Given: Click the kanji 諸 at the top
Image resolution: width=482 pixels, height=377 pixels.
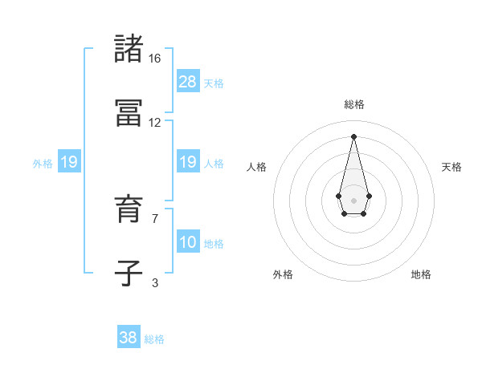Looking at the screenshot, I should pyautogui.click(x=129, y=49).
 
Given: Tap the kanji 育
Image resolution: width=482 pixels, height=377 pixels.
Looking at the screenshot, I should pyautogui.click(x=129, y=209).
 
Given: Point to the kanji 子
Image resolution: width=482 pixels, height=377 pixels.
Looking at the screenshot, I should pyautogui.click(x=129, y=273).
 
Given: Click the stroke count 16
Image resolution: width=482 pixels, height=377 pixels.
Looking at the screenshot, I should pyautogui.click(x=155, y=59).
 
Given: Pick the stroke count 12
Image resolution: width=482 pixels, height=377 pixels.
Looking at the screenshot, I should pyautogui.click(x=155, y=123).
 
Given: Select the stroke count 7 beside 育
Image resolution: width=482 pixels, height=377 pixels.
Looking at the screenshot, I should pyautogui.click(x=155, y=218).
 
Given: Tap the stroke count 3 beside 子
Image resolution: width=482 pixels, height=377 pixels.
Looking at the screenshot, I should pyautogui.click(x=155, y=282).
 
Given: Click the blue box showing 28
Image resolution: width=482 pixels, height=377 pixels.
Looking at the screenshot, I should pyautogui.click(x=188, y=82).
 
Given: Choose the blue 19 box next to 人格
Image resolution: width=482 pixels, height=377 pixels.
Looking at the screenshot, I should pyautogui.click(x=188, y=162).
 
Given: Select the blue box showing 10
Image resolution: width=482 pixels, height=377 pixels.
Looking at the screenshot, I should pyautogui.click(x=188, y=242).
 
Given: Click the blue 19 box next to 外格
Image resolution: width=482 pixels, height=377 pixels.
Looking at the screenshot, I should pyautogui.click(x=69, y=162).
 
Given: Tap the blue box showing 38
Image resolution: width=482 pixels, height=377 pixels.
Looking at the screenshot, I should pyautogui.click(x=129, y=338).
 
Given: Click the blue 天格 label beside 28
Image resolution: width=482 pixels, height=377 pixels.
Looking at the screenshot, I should pyautogui.click(x=214, y=83).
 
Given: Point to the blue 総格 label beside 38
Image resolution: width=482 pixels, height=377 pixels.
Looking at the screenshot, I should pyautogui.click(x=154, y=339).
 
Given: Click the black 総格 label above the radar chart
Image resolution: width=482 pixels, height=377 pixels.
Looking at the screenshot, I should pyautogui.click(x=353, y=104).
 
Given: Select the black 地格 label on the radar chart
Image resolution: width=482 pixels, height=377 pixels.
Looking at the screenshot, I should pyautogui.click(x=421, y=274).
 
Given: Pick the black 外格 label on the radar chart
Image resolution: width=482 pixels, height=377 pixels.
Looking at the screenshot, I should pyautogui.click(x=283, y=274).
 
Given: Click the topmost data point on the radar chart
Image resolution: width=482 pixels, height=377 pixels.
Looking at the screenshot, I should pyautogui.click(x=353, y=136).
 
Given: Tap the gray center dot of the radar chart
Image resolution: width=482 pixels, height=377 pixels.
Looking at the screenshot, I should pyautogui.click(x=353, y=199).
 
